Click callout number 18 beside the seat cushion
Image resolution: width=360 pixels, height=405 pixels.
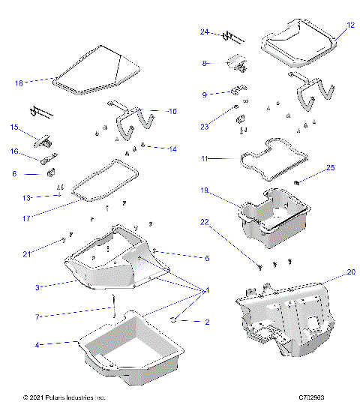coord(19,82)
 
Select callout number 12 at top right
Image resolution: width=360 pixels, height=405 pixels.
coord(350,25)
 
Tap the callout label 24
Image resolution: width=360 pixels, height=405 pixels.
coord(204,32)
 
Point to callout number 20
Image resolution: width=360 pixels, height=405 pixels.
coord(350,273)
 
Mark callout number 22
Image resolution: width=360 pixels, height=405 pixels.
coord(204,222)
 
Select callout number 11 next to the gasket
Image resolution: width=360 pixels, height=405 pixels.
coord(204,159)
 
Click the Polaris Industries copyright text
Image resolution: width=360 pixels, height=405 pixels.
coord(64,397)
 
